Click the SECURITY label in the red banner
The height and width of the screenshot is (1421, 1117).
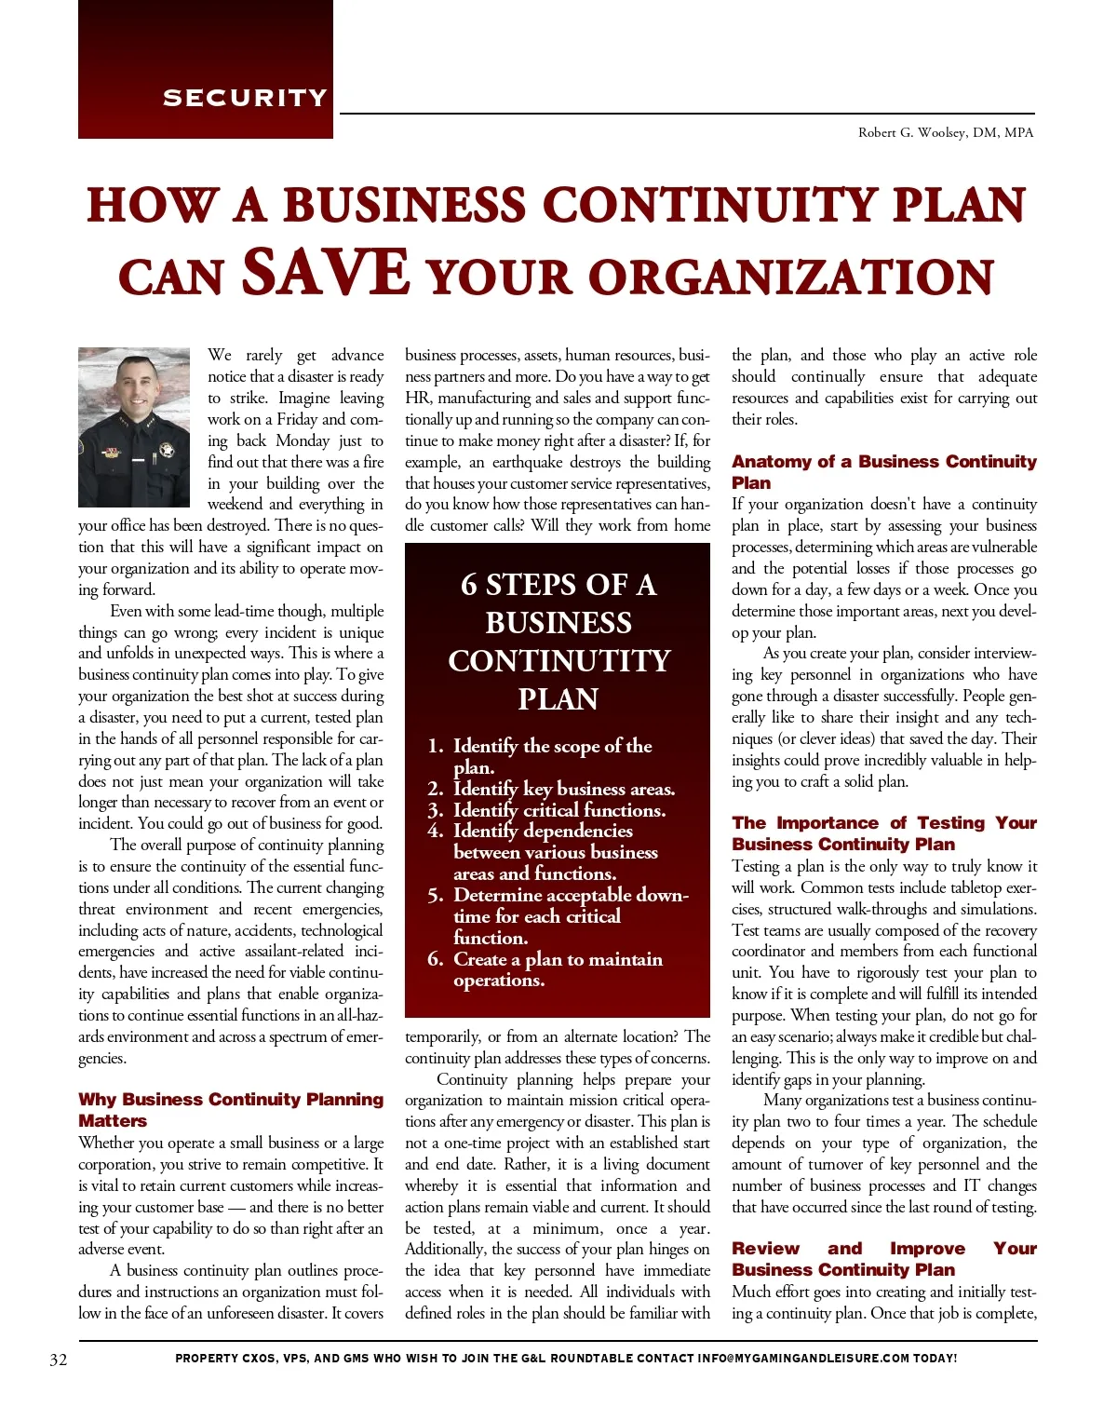coord(245,98)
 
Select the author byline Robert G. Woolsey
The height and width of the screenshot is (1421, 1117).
coord(946,132)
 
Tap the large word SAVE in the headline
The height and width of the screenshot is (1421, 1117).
coord(326,273)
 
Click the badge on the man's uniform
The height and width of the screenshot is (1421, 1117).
coord(168,451)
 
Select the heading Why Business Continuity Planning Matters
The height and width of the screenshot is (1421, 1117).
coord(230,1110)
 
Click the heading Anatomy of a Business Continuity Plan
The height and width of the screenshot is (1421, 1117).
coord(883,472)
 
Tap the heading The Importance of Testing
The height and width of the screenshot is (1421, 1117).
coord(883,833)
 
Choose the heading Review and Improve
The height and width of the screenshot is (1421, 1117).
coord(883,1259)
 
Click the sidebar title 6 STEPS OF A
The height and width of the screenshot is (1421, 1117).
coord(558,585)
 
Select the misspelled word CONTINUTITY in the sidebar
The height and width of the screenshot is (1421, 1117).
coord(558,661)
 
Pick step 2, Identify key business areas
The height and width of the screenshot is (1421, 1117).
coord(563,789)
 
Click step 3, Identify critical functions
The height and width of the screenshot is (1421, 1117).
coord(558,810)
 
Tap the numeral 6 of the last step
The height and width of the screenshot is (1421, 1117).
coord(435,959)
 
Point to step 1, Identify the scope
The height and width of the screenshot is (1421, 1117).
coord(552,747)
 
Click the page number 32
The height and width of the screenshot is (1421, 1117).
coord(58,1360)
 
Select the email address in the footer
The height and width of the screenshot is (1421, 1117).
coord(802,1359)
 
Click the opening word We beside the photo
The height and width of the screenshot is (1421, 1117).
coord(220,355)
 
